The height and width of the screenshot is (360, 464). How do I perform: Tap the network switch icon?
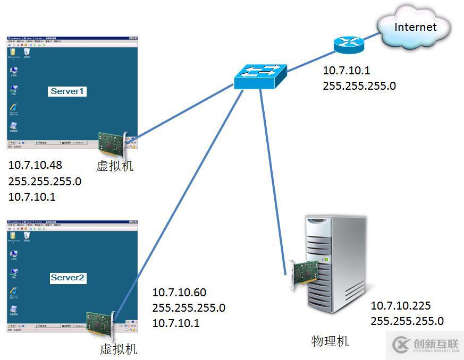[260, 77]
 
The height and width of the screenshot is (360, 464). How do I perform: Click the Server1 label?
[68, 91]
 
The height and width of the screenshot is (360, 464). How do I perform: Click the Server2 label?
[68, 278]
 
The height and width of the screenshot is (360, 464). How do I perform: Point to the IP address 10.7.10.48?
[36, 165]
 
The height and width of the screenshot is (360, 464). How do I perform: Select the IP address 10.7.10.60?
[179, 293]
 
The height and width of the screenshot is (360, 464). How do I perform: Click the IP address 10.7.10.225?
[401, 306]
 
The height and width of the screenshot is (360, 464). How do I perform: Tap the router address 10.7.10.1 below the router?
[346, 71]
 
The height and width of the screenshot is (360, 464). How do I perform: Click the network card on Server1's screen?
[112, 143]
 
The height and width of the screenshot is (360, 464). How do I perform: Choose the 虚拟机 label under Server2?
[119, 349]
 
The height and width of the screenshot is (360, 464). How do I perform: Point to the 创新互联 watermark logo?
[425, 345]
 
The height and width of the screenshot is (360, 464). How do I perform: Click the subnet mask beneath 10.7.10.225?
[407, 321]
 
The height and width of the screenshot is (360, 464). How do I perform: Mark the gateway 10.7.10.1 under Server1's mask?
[32, 197]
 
